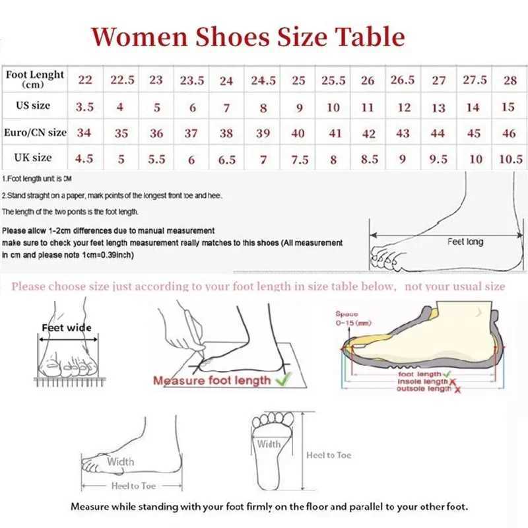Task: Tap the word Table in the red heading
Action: pyautogui.click(x=369, y=36)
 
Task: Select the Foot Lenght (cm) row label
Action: pyautogui.click(x=34, y=79)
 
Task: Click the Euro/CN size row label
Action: pyautogui.click(x=35, y=133)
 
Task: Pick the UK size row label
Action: pyautogui.click(x=33, y=158)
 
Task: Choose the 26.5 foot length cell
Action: pyautogui.click(x=403, y=81)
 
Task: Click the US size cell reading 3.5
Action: pyautogui.click(x=84, y=106)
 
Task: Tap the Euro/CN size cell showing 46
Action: pyautogui.click(x=509, y=133)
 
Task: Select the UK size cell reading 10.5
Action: pyautogui.click(x=509, y=159)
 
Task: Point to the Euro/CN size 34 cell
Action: pyautogui.click(x=84, y=133)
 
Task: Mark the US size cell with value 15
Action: pyautogui.click(x=508, y=107)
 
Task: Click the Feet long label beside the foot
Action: pyautogui.click(x=465, y=242)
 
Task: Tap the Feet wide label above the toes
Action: pyautogui.click(x=67, y=327)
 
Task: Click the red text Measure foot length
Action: pyautogui.click(x=212, y=380)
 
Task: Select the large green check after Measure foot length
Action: pyautogui.click(x=283, y=379)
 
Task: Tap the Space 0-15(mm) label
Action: pyautogui.click(x=348, y=318)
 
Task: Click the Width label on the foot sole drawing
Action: pyautogui.click(x=269, y=444)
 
